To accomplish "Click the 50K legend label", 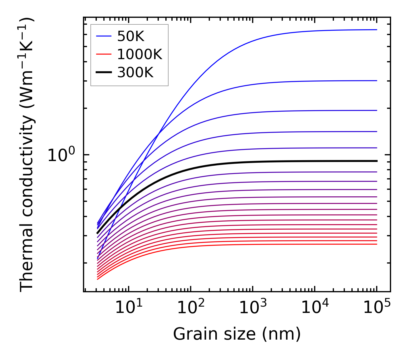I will pyautogui.click(x=131, y=36).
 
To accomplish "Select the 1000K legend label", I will pyautogui.click(x=140, y=54).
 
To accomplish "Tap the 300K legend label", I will pyautogui.click(x=135, y=73).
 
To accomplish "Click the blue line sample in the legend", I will pyautogui.click(x=103, y=36).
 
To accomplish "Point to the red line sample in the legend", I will pyautogui.click(x=103, y=54).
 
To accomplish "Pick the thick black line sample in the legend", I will pyautogui.click(x=103, y=73).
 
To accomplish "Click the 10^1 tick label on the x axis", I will pyautogui.click(x=129, y=308).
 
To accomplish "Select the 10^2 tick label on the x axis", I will pyautogui.click(x=191, y=308).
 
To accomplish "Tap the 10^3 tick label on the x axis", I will pyautogui.click(x=253, y=308).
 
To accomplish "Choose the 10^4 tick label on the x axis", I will pyautogui.click(x=315, y=308).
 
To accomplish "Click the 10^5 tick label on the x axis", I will pyautogui.click(x=377, y=308).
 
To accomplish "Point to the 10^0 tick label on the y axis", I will pyautogui.click(x=61, y=155).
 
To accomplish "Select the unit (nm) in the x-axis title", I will pyautogui.click(x=281, y=334).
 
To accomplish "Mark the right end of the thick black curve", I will pyautogui.click(x=376, y=161).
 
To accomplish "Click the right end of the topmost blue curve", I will pyautogui.click(x=376, y=30).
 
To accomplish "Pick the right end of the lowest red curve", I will pyautogui.click(x=376, y=244).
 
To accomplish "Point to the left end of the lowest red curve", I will pyautogui.click(x=98, y=279).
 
